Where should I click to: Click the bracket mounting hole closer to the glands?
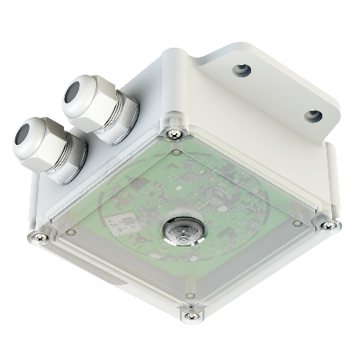(240, 69)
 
